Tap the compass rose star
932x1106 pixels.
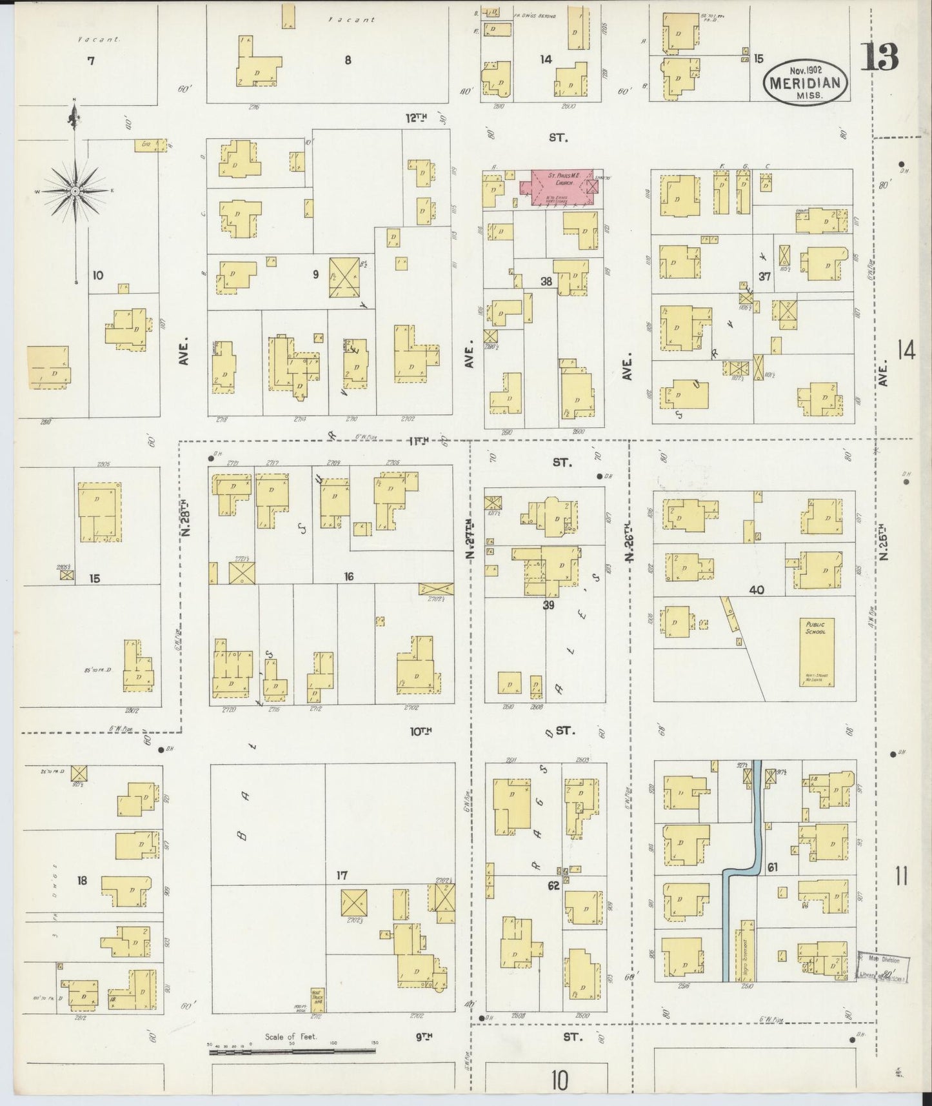(x=76, y=192)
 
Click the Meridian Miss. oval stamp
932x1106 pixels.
(x=804, y=82)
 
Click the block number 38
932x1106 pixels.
(x=546, y=281)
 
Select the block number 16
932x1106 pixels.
(x=348, y=576)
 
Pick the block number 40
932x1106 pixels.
(x=757, y=589)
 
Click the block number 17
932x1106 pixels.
(x=342, y=876)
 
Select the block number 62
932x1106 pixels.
(x=553, y=886)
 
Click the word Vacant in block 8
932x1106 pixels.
(x=352, y=20)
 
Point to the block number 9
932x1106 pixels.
(x=316, y=274)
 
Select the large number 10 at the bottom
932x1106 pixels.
(x=560, y=1080)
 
